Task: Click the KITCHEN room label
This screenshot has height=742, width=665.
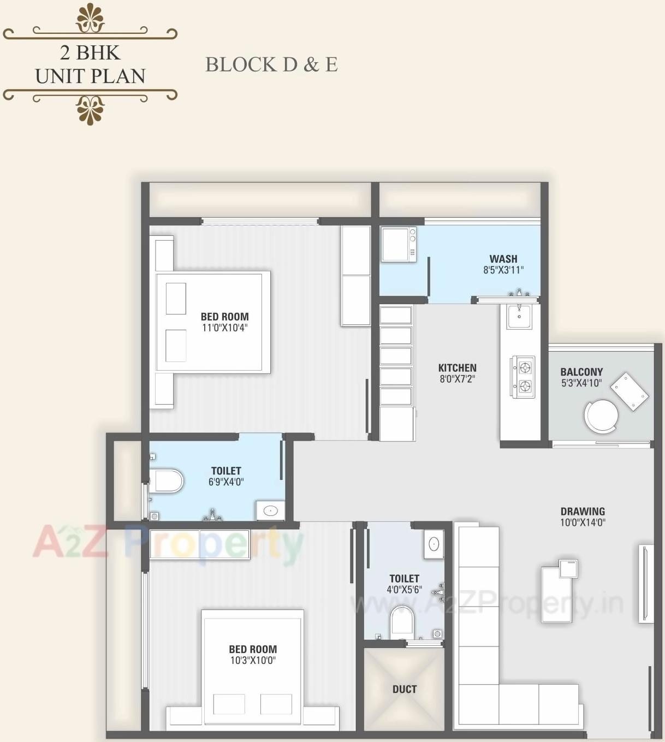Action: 458,368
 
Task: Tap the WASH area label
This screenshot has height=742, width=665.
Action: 503,259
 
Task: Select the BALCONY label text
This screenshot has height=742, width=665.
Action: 581,372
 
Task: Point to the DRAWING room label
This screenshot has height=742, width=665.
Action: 583,512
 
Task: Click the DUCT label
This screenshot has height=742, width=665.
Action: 405,689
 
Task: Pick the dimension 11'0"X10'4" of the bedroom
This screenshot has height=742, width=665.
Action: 225,328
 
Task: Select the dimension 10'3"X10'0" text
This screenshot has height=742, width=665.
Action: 253,660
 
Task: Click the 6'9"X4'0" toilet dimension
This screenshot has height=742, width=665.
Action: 226,482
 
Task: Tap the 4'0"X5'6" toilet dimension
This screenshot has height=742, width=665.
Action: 405,590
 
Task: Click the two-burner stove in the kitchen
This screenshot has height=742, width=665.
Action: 523,377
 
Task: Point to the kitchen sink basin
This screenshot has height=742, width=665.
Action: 519,317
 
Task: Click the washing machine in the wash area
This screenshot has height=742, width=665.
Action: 399,245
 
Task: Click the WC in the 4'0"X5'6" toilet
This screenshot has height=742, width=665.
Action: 402,620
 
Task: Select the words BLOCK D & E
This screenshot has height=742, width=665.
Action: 271,64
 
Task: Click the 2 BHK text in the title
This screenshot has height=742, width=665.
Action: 90,53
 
